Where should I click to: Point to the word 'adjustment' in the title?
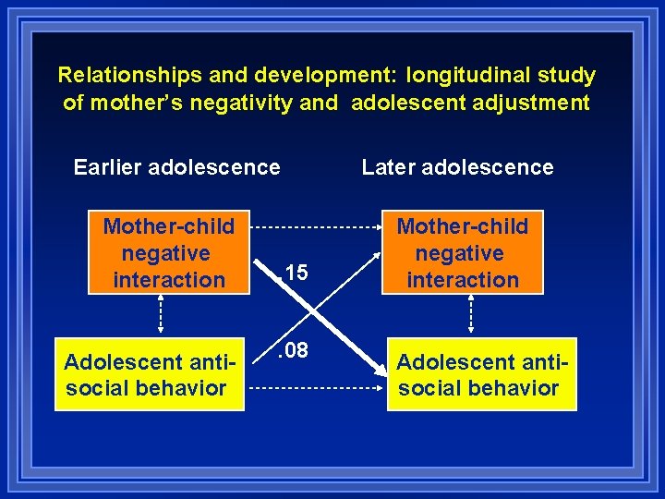click(x=526, y=102)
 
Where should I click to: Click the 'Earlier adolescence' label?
click(x=176, y=167)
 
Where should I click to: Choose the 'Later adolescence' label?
click(x=457, y=167)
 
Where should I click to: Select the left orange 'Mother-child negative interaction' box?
click(x=169, y=253)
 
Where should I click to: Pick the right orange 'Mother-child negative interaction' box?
click(x=463, y=253)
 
